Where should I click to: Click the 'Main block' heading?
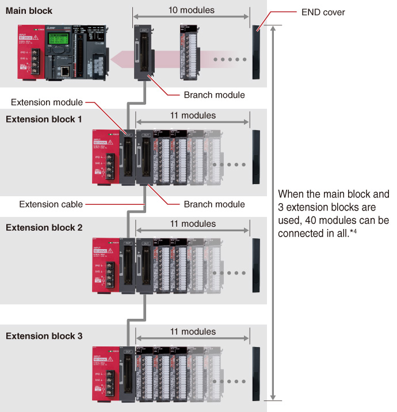(x=29, y=11)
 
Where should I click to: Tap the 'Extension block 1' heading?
(x=44, y=119)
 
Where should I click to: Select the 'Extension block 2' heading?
(x=44, y=227)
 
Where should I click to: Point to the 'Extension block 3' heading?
(x=44, y=335)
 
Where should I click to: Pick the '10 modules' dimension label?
(x=192, y=10)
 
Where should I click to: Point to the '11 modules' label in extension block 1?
(x=193, y=116)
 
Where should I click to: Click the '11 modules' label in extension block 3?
(x=193, y=332)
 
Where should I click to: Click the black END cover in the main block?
(x=257, y=51)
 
